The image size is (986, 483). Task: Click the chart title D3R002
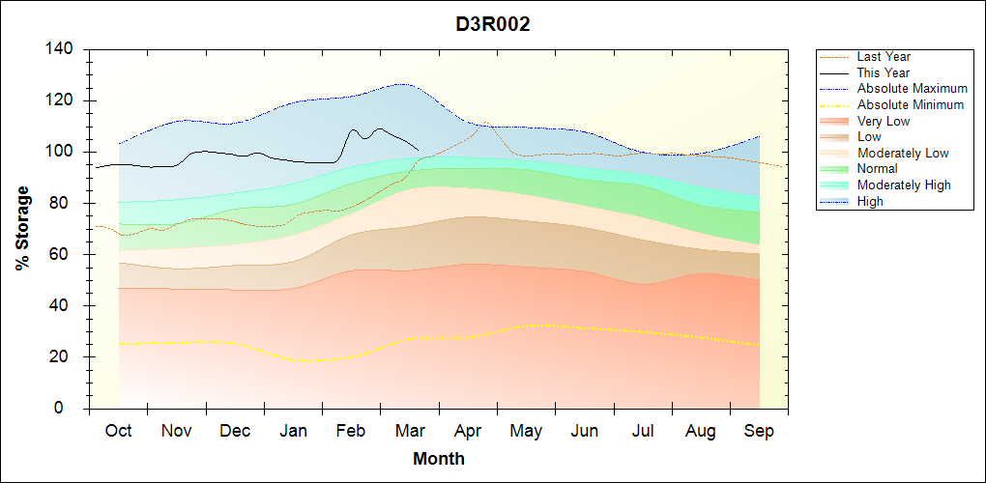click(x=493, y=24)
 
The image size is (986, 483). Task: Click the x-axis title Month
click(x=439, y=459)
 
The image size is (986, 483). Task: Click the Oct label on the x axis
click(x=119, y=431)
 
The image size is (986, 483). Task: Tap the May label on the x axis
click(x=526, y=431)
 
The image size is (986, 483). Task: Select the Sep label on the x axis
click(x=759, y=431)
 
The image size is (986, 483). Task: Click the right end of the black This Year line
click(x=418, y=149)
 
